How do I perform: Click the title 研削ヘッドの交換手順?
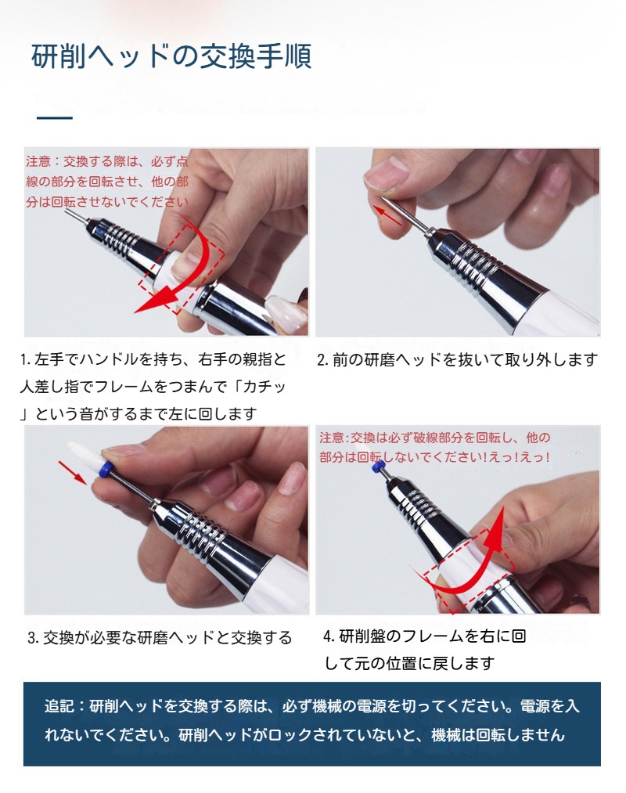pyautogui.click(x=171, y=57)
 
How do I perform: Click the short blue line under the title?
pyautogui.click(x=55, y=118)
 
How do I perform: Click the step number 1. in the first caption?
pyautogui.click(x=26, y=361)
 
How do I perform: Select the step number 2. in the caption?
pyautogui.click(x=322, y=360)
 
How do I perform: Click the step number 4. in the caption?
pyautogui.click(x=329, y=636)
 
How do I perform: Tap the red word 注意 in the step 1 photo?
pyautogui.click(x=38, y=162)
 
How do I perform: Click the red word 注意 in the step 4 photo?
pyautogui.click(x=331, y=438)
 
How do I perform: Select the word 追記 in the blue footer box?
pyautogui.click(x=59, y=706)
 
